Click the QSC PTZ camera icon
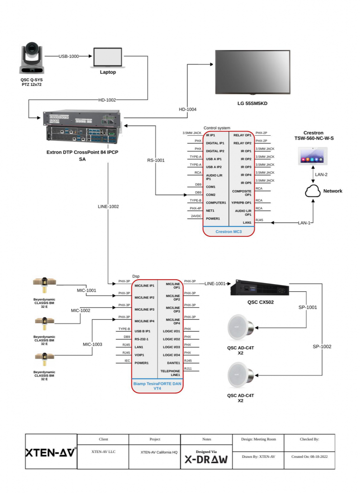tap(31, 58)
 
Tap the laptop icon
tap(108, 58)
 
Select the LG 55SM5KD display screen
tap(253, 72)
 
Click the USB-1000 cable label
tap(68, 56)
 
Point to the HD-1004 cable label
tap(187, 109)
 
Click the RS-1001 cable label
tap(155, 160)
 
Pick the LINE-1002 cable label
tap(108, 207)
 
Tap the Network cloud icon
tap(312, 191)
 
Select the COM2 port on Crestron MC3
tap(211, 195)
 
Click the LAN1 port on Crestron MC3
tap(247, 222)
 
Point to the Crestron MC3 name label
tap(229, 232)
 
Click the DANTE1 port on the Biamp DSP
tap(174, 363)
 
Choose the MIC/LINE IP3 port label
tap(144, 310)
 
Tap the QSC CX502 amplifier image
tap(260, 287)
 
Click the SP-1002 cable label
tap(322, 347)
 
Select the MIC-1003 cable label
tap(92, 344)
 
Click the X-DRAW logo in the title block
tap(206, 460)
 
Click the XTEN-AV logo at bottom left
tap(51, 453)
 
